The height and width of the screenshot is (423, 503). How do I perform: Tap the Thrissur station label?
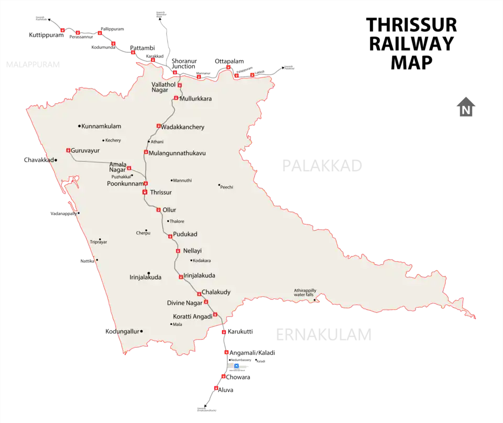tap(161, 193)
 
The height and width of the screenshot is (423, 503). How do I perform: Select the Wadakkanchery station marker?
tap(158, 126)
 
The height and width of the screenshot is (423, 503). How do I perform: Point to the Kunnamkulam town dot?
tap(79, 126)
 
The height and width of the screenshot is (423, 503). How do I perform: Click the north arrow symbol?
tap(465, 107)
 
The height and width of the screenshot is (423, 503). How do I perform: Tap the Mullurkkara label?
tap(195, 98)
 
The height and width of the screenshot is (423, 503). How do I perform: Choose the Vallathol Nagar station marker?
tap(179, 85)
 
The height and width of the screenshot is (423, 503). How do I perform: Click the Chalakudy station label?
tap(216, 292)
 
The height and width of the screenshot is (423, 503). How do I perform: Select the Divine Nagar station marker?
tap(206, 302)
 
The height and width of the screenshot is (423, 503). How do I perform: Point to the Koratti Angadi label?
tap(192, 317)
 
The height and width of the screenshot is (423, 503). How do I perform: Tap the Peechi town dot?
tap(219, 185)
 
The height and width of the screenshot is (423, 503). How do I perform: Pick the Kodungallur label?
tap(124, 331)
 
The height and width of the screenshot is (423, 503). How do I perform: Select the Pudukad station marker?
tap(170, 237)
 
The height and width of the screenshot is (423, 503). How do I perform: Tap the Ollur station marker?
tap(158, 209)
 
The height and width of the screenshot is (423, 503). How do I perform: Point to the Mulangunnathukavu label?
tap(177, 153)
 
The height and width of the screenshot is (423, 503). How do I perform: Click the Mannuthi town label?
tap(183, 181)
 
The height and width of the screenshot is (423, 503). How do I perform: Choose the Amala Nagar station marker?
tap(129, 168)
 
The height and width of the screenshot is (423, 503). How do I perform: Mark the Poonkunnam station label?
tap(125, 184)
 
